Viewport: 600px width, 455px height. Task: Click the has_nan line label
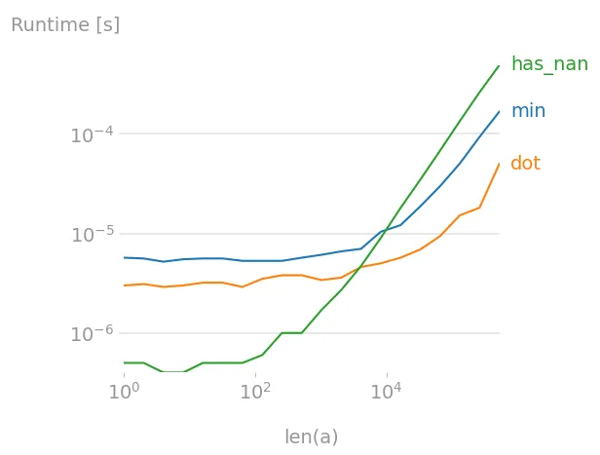(548, 64)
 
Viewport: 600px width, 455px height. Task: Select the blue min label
(528, 111)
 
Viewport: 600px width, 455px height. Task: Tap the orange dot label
(525, 164)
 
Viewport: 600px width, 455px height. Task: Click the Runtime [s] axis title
(65, 25)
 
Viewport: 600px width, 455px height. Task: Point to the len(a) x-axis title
(311, 437)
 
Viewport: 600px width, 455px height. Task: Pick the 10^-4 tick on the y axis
(91, 135)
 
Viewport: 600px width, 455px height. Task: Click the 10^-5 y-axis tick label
(91, 236)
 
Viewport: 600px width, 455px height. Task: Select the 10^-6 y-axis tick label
(91, 335)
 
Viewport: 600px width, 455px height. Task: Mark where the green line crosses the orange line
(359, 268)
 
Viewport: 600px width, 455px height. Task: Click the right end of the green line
(499, 66)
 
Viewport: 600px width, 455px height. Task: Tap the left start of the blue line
(124, 257)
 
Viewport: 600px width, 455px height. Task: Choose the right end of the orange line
(499, 164)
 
